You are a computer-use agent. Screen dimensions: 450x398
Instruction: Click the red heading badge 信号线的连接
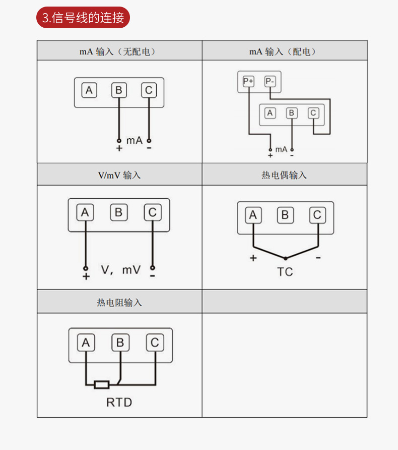(83, 18)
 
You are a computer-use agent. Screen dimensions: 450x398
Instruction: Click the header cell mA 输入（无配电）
(119, 51)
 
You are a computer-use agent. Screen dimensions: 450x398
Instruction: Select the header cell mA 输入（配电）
(285, 51)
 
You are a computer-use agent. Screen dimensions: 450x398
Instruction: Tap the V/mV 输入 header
(119, 175)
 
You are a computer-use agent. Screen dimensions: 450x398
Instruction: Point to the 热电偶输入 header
(285, 175)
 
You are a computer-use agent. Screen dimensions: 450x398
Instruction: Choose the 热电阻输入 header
(119, 302)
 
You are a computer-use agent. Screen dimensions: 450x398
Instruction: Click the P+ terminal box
(249, 81)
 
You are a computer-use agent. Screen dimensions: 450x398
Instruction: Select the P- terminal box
(270, 81)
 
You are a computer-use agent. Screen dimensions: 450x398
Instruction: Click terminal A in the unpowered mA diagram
(89, 90)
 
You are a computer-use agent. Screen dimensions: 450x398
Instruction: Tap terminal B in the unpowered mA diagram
(119, 90)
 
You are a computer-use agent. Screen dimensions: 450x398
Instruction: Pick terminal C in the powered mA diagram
(313, 113)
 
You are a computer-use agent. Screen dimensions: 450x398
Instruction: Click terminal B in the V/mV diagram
(118, 212)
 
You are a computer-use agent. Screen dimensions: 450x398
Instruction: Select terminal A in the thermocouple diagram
(253, 215)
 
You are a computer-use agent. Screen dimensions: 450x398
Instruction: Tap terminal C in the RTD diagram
(155, 343)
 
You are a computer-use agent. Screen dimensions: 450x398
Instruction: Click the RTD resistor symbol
(102, 385)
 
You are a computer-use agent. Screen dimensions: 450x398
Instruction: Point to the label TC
(285, 272)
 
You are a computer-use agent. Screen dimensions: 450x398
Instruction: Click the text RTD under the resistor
(119, 402)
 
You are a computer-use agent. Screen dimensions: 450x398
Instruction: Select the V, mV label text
(121, 270)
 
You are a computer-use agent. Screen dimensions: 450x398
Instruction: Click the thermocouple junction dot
(285, 258)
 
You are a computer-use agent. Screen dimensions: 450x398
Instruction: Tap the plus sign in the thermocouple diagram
(253, 258)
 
